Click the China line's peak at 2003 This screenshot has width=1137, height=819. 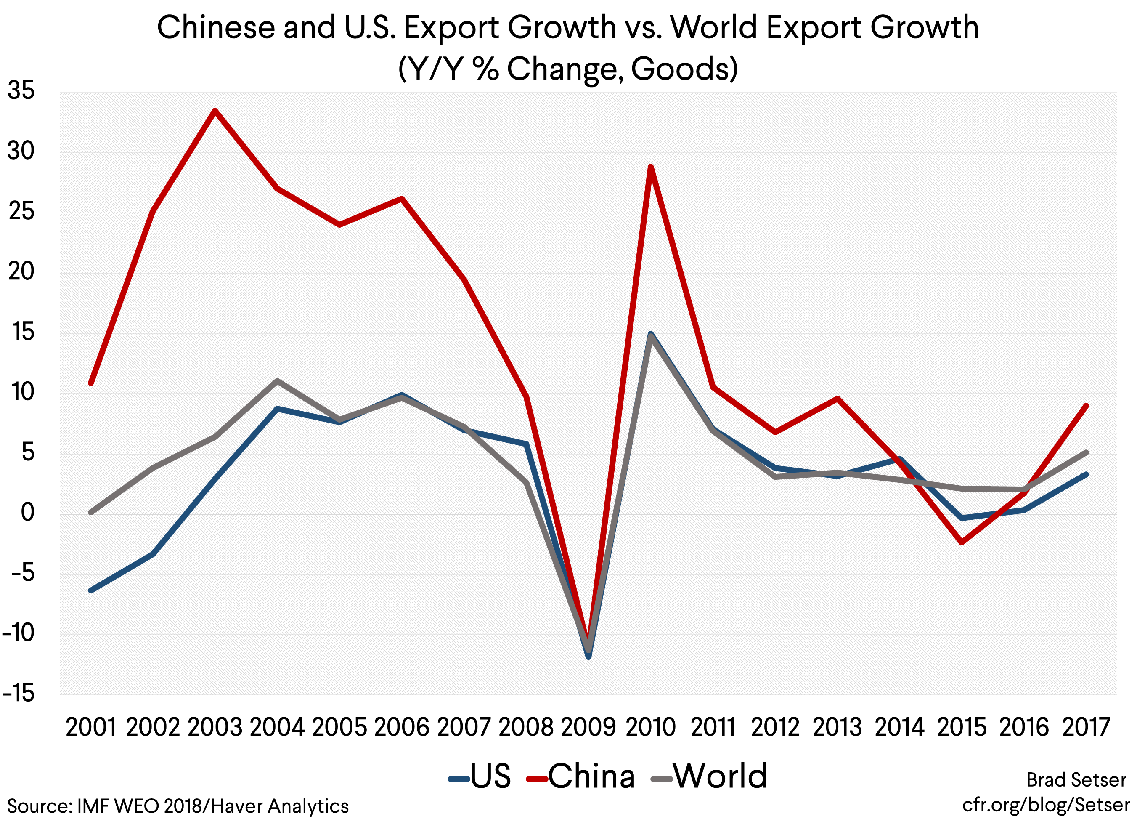(215, 111)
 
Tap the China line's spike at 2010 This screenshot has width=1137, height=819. (650, 167)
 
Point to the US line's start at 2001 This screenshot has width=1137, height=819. (91, 591)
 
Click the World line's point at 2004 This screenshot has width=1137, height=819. (277, 380)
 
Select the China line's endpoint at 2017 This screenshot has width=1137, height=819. (1086, 406)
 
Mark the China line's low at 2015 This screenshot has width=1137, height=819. (962, 542)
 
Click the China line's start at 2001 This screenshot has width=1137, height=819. (91, 383)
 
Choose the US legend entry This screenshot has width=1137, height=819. (480, 776)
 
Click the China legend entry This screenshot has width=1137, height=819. (581, 776)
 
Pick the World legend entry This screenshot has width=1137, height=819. (709, 776)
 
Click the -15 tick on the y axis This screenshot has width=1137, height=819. (19, 694)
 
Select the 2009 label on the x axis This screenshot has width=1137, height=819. (588, 727)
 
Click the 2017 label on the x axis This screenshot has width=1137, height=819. (1086, 727)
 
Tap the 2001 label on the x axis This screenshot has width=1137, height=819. (91, 727)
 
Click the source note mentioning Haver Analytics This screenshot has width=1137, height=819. (178, 806)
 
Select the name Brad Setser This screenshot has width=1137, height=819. (1076, 780)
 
